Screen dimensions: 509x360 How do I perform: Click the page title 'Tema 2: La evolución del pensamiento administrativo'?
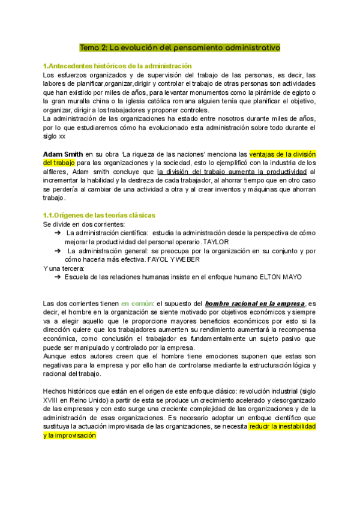[x=180, y=47]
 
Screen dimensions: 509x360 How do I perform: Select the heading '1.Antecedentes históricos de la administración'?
[x=118, y=65]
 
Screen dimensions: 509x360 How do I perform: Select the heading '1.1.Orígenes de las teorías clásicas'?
[x=99, y=215]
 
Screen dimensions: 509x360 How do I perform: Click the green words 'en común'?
[x=137, y=304]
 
